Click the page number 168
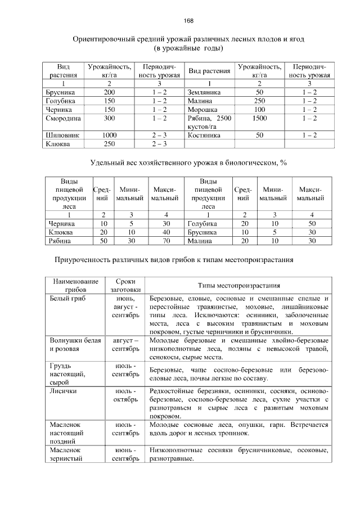click(x=188, y=21)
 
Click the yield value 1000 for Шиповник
click(x=109, y=136)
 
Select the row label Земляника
click(x=204, y=92)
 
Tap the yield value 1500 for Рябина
click(x=259, y=119)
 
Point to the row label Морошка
click(x=202, y=110)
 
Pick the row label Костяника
click(x=204, y=136)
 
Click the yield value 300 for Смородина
click(x=109, y=119)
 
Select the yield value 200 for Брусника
click(x=109, y=92)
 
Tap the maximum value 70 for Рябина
click(x=166, y=241)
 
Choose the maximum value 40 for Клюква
click(x=166, y=232)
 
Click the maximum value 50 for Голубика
click(x=312, y=223)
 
